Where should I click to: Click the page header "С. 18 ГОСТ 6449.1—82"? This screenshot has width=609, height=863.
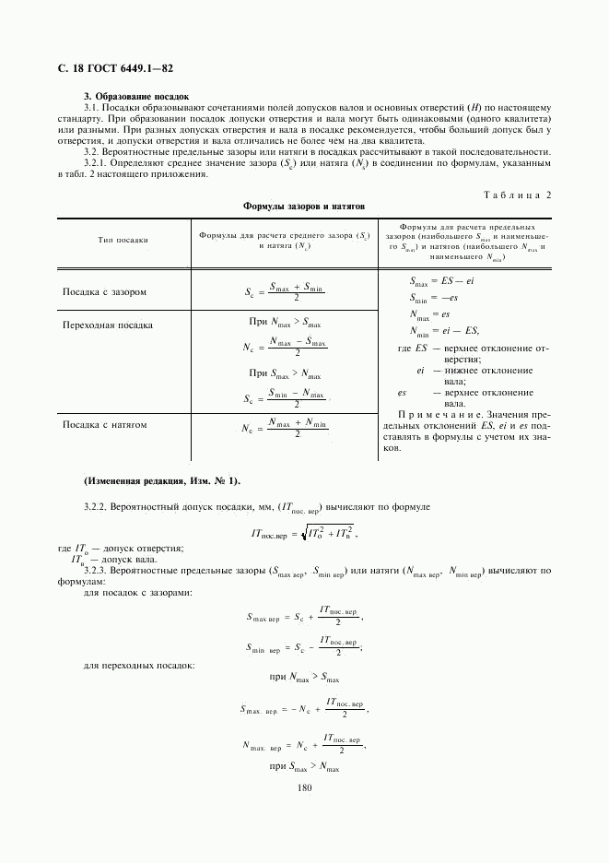[115, 69]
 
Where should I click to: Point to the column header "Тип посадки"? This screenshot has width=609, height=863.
[123, 240]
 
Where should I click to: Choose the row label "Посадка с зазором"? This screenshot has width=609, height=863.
[104, 292]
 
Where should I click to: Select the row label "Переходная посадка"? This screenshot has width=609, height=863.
[107, 325]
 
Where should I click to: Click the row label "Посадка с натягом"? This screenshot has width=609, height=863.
[104, 425]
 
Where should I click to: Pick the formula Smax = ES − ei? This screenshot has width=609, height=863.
[441, 282]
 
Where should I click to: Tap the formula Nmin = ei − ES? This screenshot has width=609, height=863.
[444, 331]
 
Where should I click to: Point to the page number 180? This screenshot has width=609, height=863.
[305, 786]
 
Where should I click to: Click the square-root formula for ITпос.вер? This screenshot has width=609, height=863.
[303, 533]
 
